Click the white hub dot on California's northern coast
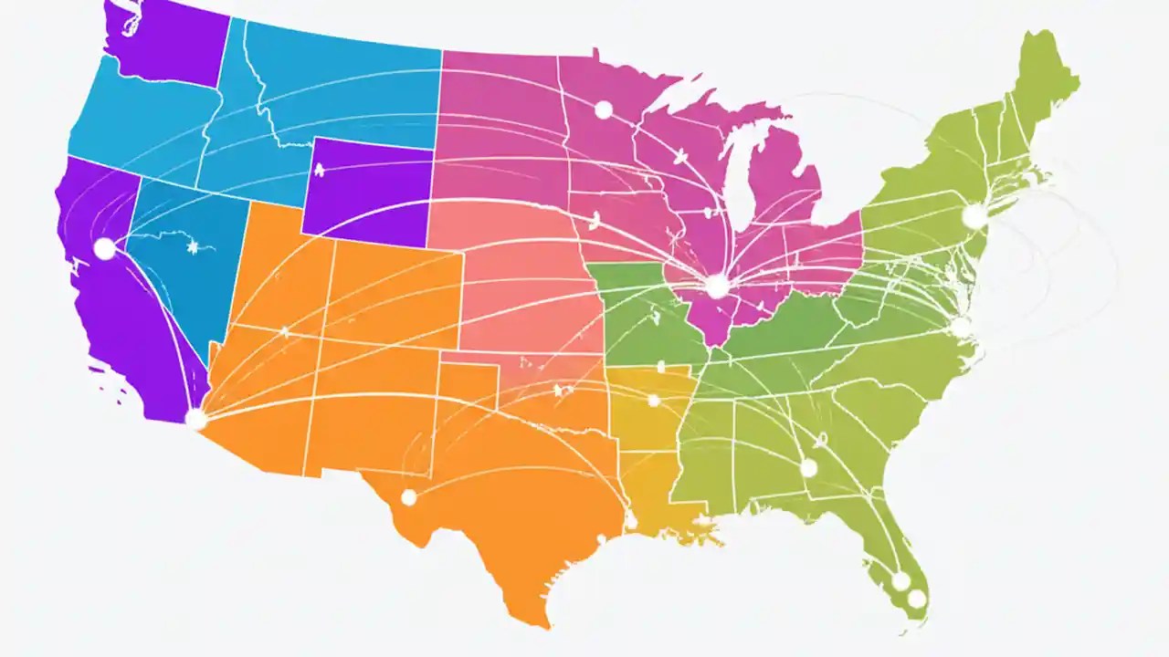tap(104, 248)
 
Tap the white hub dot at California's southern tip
tap(195, 419)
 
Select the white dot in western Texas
tap(408, 497)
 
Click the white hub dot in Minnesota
tap(603, 109)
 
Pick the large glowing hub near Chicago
tap(718, 287)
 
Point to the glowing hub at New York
tap(974, 217)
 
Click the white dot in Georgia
tap(808, 468)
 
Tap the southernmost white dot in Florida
tap(916, 599)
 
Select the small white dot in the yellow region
tap(653, 400)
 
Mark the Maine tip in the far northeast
tap(1050, 64)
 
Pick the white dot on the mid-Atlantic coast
tap(960, 327)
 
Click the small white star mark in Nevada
tap(193, 246)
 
